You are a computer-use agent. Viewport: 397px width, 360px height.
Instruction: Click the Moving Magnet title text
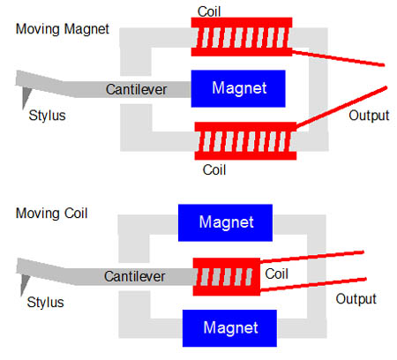point(63,29)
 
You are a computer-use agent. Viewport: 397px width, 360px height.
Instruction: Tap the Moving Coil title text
point(52,214)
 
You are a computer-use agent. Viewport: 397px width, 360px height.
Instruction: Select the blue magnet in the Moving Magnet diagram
point(238,88)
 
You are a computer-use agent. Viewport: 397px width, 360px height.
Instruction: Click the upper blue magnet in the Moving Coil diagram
point(225,222)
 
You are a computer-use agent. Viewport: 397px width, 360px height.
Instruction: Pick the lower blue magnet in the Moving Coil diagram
point(229,328)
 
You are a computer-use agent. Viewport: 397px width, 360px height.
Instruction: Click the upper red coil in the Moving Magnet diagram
point(242,37)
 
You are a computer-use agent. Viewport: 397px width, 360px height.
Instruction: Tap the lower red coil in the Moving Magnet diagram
point(245,141)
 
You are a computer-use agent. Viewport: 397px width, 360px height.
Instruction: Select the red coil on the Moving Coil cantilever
point(227,277)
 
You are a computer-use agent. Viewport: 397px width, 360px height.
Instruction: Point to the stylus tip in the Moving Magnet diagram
point(24,109)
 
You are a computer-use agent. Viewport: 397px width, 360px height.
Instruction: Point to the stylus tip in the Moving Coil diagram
point(21,296)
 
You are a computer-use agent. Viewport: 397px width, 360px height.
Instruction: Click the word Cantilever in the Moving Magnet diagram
point(136,89)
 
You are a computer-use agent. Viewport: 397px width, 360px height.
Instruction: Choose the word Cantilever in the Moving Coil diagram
point(134,276)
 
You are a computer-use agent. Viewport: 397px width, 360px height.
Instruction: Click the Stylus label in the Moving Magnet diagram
point(47,116)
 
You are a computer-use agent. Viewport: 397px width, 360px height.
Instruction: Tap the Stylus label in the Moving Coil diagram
point(45,303)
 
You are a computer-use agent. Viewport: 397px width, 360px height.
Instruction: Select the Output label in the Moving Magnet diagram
point(369,116)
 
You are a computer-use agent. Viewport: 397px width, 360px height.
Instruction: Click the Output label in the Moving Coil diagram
point(356,299)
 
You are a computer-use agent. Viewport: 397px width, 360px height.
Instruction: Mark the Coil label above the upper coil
point(209,11)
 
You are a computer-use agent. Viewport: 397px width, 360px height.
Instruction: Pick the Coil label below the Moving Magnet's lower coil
point(214,170)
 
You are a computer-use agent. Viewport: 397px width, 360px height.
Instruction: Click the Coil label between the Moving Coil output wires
point(276,274)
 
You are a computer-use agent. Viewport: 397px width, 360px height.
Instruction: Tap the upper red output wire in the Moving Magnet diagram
point(338,58)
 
